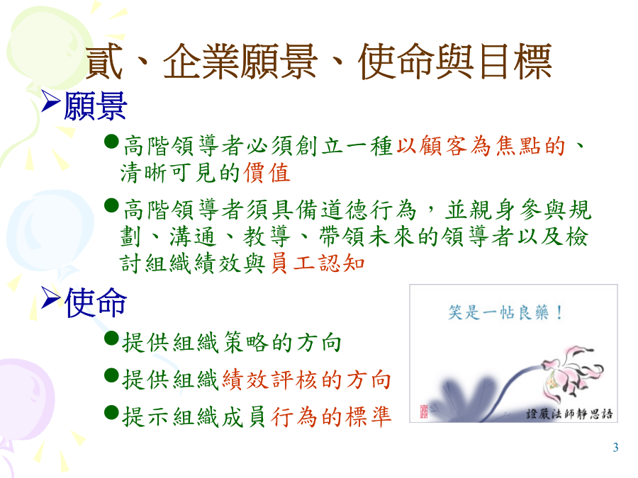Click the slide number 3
pos(615,448)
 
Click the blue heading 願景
pos(96,106)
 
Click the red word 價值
pos(267,173)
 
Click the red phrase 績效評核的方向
pos(307,380)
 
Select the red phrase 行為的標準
pos(331,416)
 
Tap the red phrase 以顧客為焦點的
pos(481,146)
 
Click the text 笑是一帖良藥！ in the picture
pos(505,312)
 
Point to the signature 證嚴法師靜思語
pos(569,414)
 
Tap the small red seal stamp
pos(424,411)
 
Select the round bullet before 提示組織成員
pos(111,412)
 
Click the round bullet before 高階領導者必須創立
pos(111,142)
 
